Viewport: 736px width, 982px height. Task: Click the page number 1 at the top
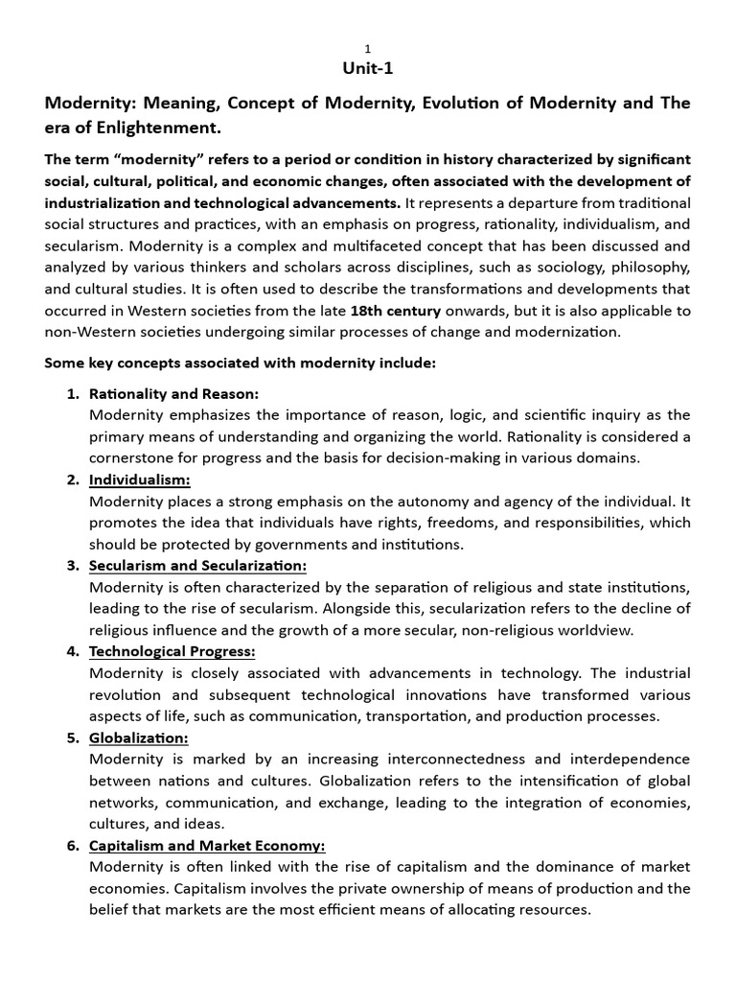click(367, 49)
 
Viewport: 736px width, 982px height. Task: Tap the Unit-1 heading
click(367, 69)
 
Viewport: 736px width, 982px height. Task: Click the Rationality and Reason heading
click(173, 394)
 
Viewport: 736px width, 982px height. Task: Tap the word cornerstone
click(135, 456)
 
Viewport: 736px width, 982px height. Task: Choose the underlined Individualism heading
click(140, 479)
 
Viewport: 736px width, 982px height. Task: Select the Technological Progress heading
click(172, 651)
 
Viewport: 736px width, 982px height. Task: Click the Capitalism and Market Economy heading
click(207, 845)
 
